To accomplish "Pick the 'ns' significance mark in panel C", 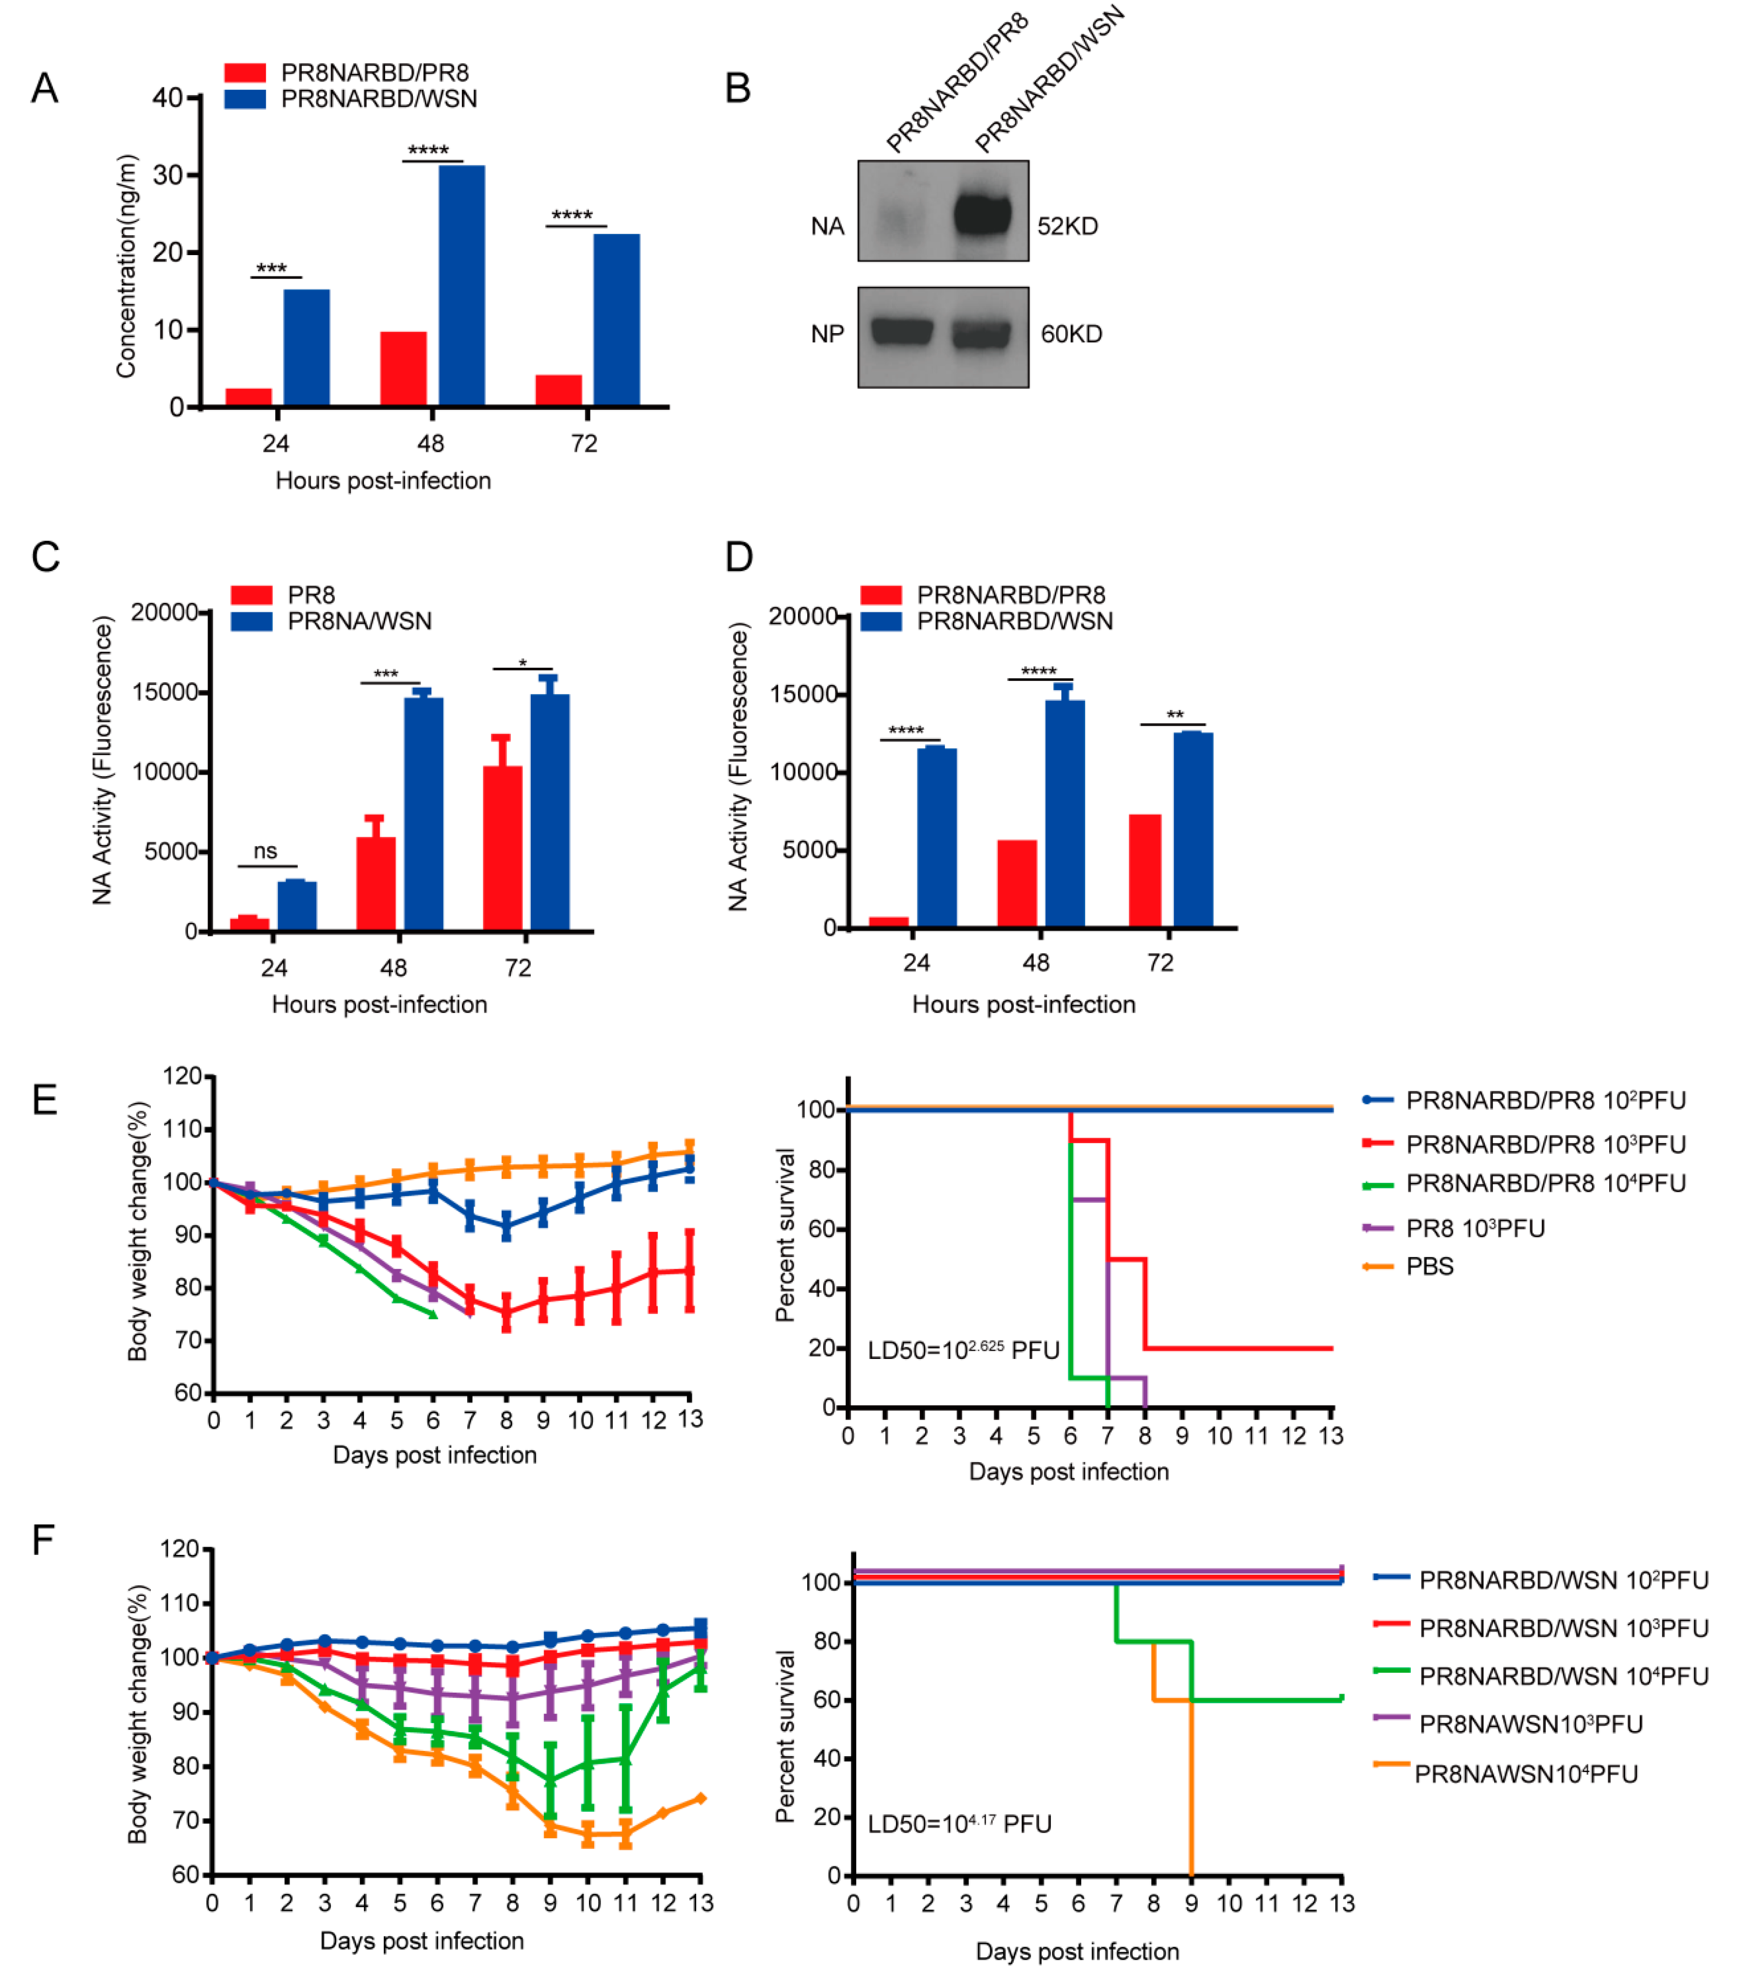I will [265, 852].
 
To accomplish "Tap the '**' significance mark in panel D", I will [1174, 715].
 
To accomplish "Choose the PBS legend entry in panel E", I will [1429, 1267].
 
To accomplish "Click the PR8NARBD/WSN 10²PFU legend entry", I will [1562, 1581].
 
